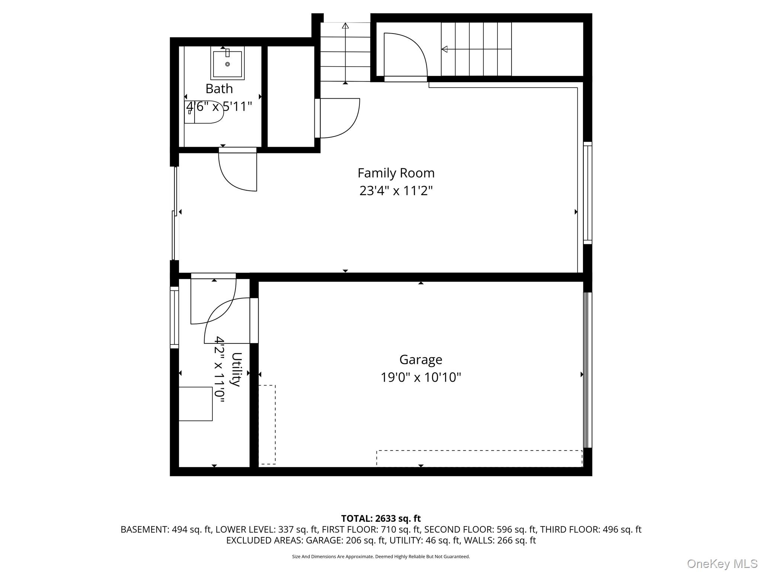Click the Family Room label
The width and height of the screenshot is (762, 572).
pos(396,173)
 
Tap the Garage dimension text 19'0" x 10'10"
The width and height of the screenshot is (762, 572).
pos(420,377)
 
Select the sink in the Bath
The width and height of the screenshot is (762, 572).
pos(227,63)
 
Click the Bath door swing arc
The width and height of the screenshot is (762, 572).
pos(234,175)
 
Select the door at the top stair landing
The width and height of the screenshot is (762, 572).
pos(406,56)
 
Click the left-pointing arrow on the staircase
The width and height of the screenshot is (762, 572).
pos(445,49)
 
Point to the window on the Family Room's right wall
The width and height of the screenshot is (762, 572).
pos(587,193)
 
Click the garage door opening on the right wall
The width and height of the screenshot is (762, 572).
pos(587,370)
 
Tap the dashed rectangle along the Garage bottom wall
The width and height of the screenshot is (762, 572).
pos(479,458)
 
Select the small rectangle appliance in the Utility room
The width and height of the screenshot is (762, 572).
pos(196,404)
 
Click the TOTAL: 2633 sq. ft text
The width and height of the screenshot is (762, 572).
pos(381,518)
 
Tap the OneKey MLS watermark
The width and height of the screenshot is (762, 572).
pos(722,563)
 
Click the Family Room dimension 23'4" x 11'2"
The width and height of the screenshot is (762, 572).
pos(396,191)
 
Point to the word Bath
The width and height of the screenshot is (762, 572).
pos(219,89)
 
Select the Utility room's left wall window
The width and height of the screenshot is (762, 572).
pos(174,317)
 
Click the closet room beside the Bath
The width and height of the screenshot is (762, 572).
pos(291,97)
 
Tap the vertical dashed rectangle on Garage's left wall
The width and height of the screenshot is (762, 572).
pos(267,425)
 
